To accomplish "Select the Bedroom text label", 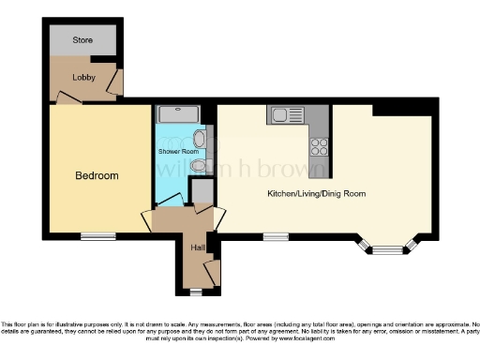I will [x=97, y=175].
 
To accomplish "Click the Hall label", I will [x=198, y=247].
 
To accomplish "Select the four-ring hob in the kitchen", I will [x=319, y=146].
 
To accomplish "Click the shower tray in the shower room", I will [x=178, y=114].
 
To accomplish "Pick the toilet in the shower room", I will [x=198, y=167].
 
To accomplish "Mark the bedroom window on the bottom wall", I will [x=97, y=236].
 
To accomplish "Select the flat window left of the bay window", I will [x=276, y=236].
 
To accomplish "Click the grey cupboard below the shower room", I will [x=201, y=190].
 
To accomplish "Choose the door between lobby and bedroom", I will [x=68, y=96].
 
